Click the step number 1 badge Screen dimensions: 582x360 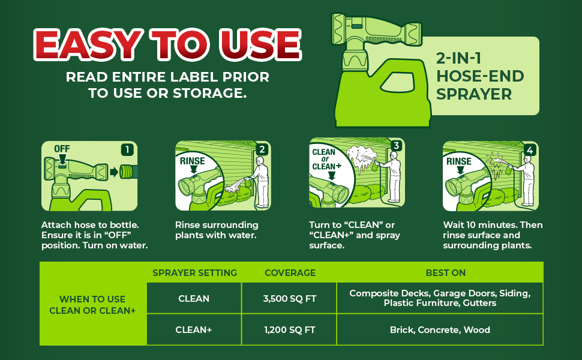pos(127,149)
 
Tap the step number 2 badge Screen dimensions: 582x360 pos(262,149)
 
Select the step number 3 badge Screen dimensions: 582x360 pos(396,145)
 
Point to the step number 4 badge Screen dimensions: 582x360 pos(530,150)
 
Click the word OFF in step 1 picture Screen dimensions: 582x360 pos(62,149)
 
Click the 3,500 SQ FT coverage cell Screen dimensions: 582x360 pos(290,298)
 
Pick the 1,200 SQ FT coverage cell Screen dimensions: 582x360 pos(290,329)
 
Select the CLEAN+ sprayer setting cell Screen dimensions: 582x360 pos(194,329)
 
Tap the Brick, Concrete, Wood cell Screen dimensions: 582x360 pos(440,329)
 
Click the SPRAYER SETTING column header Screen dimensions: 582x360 pos(194,273)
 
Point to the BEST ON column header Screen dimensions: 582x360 pos(445,273)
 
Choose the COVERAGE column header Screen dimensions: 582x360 pos(290,273)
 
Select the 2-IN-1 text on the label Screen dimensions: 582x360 pos(459,58)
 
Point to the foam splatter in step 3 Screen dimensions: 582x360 pos(361,158)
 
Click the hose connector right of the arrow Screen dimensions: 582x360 pos(128,172)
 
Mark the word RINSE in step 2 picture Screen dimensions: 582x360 pos(192,161)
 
